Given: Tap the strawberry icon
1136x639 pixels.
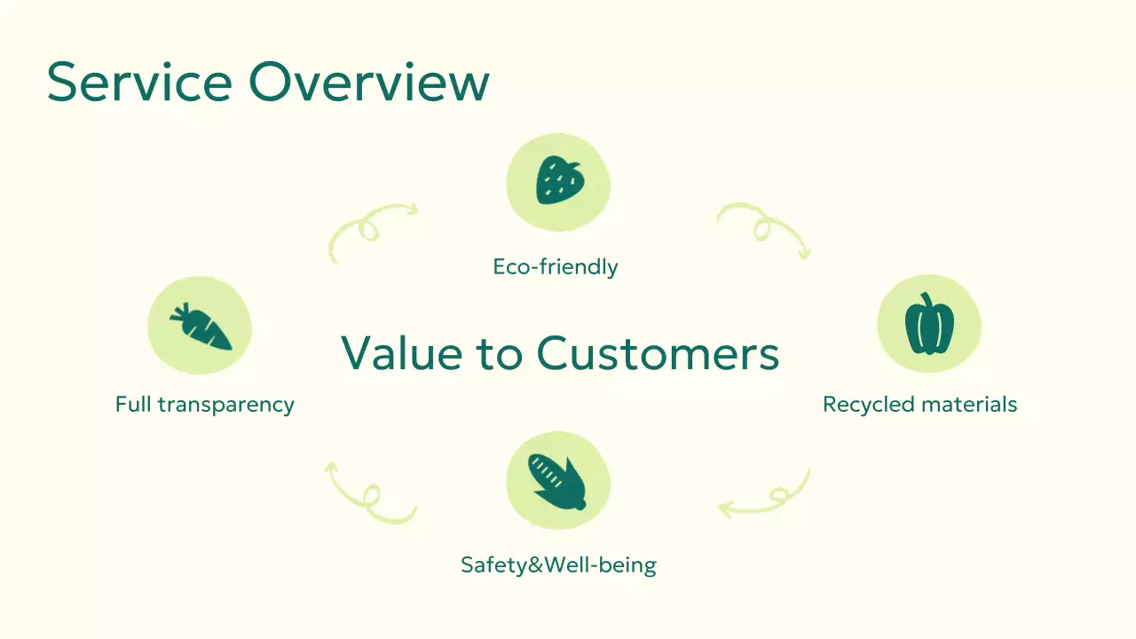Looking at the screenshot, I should click(x=559, y=181).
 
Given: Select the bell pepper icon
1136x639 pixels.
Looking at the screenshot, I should click(x=929, y=325).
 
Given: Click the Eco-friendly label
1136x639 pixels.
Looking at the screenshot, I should click(x=556, y=266).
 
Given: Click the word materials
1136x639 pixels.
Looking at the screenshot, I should click(x=968, y=405).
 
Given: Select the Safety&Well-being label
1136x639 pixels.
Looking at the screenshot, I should click(x=558, y=564).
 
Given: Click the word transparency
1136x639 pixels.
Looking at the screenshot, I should click(x=225, y=405).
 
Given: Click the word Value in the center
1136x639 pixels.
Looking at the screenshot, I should click(x=402, y=352).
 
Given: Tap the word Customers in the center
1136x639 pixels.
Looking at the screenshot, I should click(x=658, y=352).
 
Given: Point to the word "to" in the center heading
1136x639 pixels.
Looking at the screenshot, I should click(x=500, y=352).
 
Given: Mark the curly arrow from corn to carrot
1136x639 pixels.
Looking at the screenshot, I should click(x=368, y=494).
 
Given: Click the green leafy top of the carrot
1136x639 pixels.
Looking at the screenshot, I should click(x=180, y=312).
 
